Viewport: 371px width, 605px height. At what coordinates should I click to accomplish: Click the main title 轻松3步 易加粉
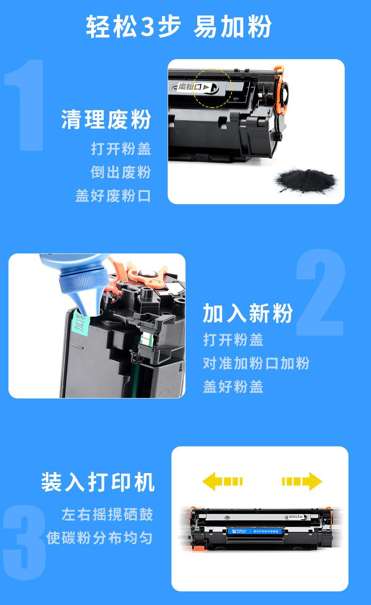pos(179,27)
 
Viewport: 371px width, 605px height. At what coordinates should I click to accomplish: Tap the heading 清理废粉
pos(106,120)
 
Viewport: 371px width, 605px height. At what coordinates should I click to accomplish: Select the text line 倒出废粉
pos(121,172)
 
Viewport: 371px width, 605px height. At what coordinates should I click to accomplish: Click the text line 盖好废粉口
pos(113,195)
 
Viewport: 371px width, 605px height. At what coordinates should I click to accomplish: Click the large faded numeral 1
pos(26,106)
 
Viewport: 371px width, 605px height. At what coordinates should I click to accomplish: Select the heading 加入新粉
pos(248,314)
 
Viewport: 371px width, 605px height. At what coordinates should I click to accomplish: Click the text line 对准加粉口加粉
pos(256,363)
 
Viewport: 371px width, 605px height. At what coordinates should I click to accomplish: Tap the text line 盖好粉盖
pos(233,386)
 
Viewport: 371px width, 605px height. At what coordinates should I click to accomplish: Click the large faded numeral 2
pos(321,293)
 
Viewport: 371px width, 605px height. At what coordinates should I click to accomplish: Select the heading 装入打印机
pos(98,482)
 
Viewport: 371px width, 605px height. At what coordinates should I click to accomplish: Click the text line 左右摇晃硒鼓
pos(107,514)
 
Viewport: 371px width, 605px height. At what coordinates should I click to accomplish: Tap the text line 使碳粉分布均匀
pos(100,537)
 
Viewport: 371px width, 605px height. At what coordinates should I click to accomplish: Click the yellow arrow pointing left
pos(222,481)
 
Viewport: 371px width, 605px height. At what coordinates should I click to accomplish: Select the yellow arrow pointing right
pos(301,481)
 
